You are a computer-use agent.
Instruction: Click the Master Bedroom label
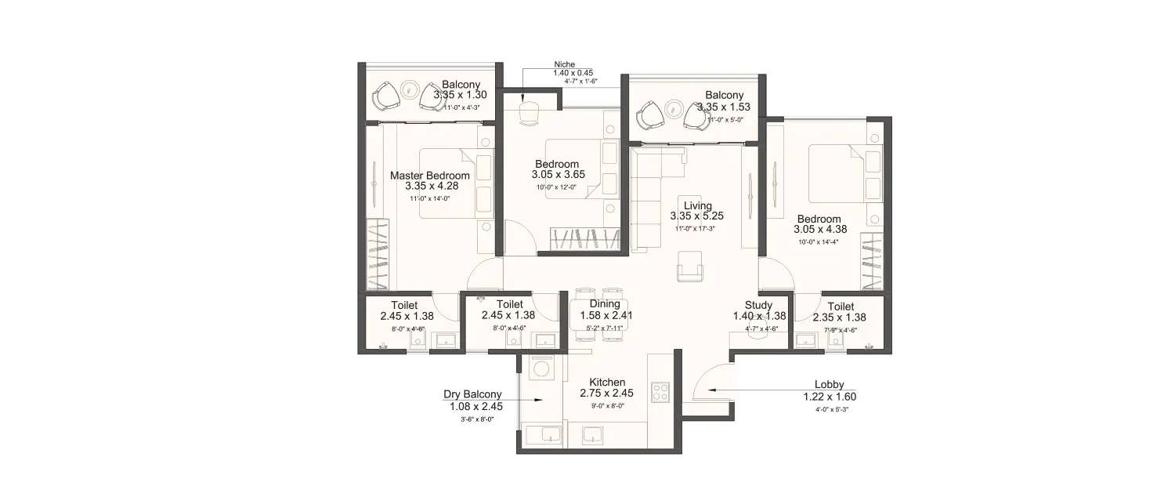click(x=430, y=176)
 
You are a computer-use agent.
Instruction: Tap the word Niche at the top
click(x=565, y=64)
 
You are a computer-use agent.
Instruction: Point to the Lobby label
click(x=828, y=385)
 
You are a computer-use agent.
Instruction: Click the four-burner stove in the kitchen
click(x=660, y=392)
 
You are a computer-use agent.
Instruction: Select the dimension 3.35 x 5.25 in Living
click(x=697, y=216)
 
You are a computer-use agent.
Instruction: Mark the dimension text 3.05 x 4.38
click(x=819, y=230)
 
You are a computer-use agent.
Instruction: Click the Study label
click(x=758, y=305)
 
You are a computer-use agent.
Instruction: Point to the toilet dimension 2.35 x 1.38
click(x=841, y=318)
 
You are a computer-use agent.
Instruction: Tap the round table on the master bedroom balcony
click(x=408, y=89)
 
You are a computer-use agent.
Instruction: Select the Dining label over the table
click(x=605, y=304)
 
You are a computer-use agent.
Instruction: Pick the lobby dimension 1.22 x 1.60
click(x=828, y=397)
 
